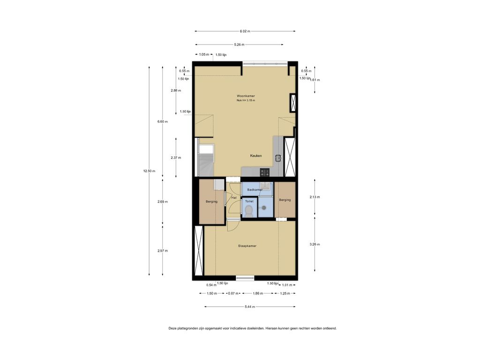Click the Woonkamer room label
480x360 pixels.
(x=246, y=96)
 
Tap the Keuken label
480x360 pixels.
(x=256, y=156)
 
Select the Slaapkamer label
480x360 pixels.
(x=247, y=246)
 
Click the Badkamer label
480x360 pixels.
(x=255, y=190)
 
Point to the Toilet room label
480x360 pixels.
(x=249, y=202)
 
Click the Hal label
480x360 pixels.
(x=234, y=198)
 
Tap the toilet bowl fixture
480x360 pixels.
(x=249, y=211)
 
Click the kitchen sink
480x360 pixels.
(x=278, y=158)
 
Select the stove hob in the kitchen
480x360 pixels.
(x=265, y=172)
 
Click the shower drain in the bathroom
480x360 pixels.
(x=263, y=208)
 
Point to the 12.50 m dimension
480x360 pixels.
(x=149, y=171)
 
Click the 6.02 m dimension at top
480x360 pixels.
(x=245, y=31)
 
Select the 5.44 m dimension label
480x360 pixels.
(x=250, y=307)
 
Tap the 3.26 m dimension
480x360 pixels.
(x=315, y=244)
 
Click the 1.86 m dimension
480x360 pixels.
(x=258, y=293)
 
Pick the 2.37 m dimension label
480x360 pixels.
(x=176, y=157)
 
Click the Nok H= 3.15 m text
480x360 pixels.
(x=246, y=100)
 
